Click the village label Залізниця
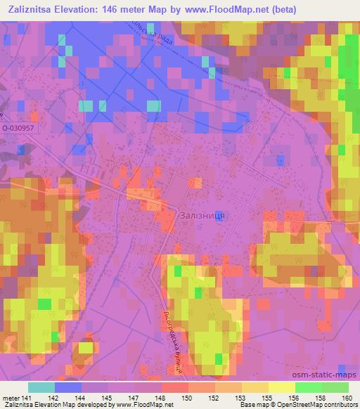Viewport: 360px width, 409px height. click(x=202, y=216)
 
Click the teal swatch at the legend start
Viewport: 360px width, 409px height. click(x=41, y=387)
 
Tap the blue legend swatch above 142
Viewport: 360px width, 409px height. click(x=68, y=387)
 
